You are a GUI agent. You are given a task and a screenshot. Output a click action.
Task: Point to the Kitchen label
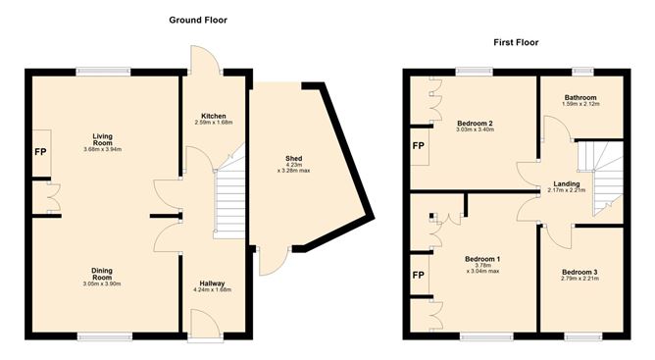tap(214, 115)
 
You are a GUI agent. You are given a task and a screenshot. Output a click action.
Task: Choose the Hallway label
tap(212, 283)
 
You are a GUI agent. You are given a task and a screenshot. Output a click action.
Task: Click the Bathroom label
tap(580, 97)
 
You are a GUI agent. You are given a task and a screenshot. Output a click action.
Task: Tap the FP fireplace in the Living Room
tap(40, 153)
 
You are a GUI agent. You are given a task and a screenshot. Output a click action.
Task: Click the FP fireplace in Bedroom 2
tap(418, 146)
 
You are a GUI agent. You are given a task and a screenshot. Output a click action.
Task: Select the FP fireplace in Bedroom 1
tap(418, 277)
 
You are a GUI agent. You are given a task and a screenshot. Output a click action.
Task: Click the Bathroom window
tap(582, 70)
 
